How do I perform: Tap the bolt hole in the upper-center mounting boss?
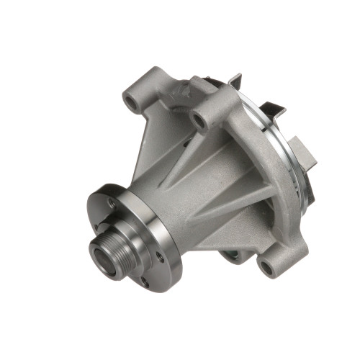point(199,120)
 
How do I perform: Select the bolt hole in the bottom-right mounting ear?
point(267,268)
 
